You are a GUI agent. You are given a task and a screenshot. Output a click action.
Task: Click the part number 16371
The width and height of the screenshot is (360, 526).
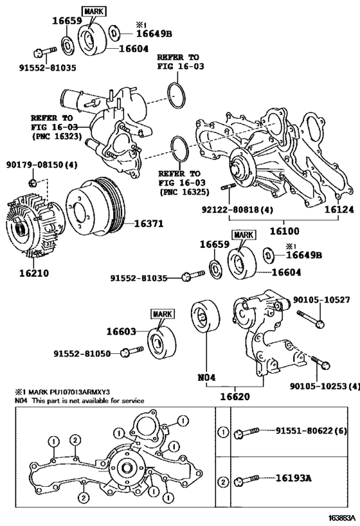150,224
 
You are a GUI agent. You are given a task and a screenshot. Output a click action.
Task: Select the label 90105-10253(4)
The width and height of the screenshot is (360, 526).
324,386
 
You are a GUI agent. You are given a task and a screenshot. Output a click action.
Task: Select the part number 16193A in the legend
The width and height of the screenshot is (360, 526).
294,478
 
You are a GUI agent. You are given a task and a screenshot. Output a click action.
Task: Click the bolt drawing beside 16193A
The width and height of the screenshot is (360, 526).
248,479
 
